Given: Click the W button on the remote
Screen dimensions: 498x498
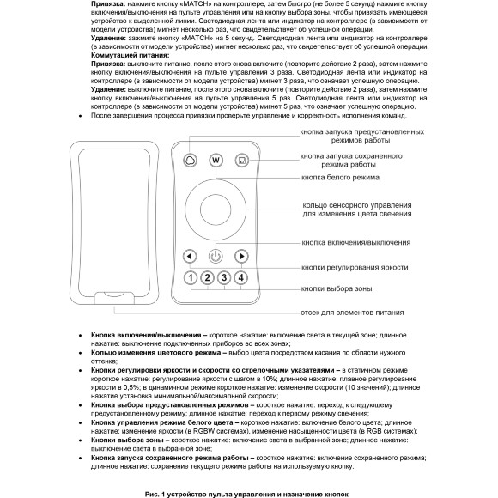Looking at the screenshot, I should [x=216, y=160].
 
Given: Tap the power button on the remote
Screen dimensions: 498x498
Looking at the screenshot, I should [x=216, y=255].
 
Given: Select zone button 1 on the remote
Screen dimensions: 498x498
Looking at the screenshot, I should [x=190, y=277].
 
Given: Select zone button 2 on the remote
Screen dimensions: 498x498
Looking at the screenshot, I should [x=207, y=277].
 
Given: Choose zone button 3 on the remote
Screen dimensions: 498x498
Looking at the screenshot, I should [x=224, y=277].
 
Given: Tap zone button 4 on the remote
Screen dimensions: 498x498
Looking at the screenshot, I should [x=241, y=277].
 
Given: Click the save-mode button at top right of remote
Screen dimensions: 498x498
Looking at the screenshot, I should [x=243, y=160].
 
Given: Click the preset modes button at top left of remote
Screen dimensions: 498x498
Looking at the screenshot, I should [x=189, y=160].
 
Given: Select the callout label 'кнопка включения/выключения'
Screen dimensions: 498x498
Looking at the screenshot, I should [x=356, y=243].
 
